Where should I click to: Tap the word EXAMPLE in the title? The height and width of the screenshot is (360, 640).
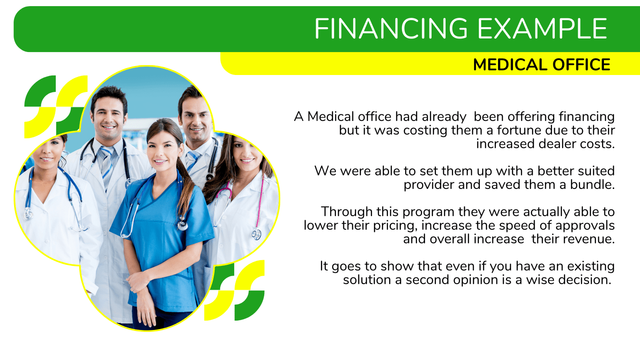[x=543, y=28]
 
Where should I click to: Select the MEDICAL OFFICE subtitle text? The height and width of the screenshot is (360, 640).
[x=542, y=65]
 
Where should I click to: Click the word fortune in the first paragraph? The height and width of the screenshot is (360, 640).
[x=519, y=130]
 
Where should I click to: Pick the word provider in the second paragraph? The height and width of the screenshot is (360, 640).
[x=429, y=185]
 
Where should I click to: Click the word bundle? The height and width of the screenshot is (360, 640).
[x=592, y=185]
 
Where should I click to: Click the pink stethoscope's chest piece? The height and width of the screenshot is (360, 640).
[x=256, y=234]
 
